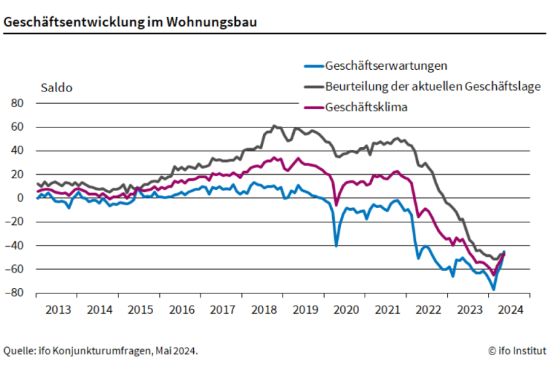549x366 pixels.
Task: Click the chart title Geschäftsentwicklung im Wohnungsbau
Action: click(x=130, y=22)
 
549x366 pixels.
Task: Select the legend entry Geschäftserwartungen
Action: click(x=386, y=66)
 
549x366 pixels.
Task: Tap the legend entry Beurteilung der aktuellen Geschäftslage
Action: click(x=432, y=86)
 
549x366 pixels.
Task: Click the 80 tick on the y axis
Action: click(x=18, y=103)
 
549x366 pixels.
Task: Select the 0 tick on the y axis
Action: click(x=20, y=198)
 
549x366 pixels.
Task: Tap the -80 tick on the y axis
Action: click(x=16, y=293)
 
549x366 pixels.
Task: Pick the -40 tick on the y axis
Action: click(x=16, y=245)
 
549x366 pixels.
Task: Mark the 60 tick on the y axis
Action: click(x=18, y=127)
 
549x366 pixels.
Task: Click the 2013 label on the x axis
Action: click(x=58, y=310)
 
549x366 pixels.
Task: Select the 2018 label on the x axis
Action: click(x=264, y=310)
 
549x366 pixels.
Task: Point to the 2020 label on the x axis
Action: click(x=346, y=310)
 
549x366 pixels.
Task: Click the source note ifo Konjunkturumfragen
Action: click(x=100, y=350)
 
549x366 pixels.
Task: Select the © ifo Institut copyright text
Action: click(x=516, y=350)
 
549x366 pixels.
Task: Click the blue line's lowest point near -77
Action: click(x=493, y=289)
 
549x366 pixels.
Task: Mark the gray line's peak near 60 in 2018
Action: click(x=274, y=125)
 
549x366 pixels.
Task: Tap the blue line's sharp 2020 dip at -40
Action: click(x=336, y=245)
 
